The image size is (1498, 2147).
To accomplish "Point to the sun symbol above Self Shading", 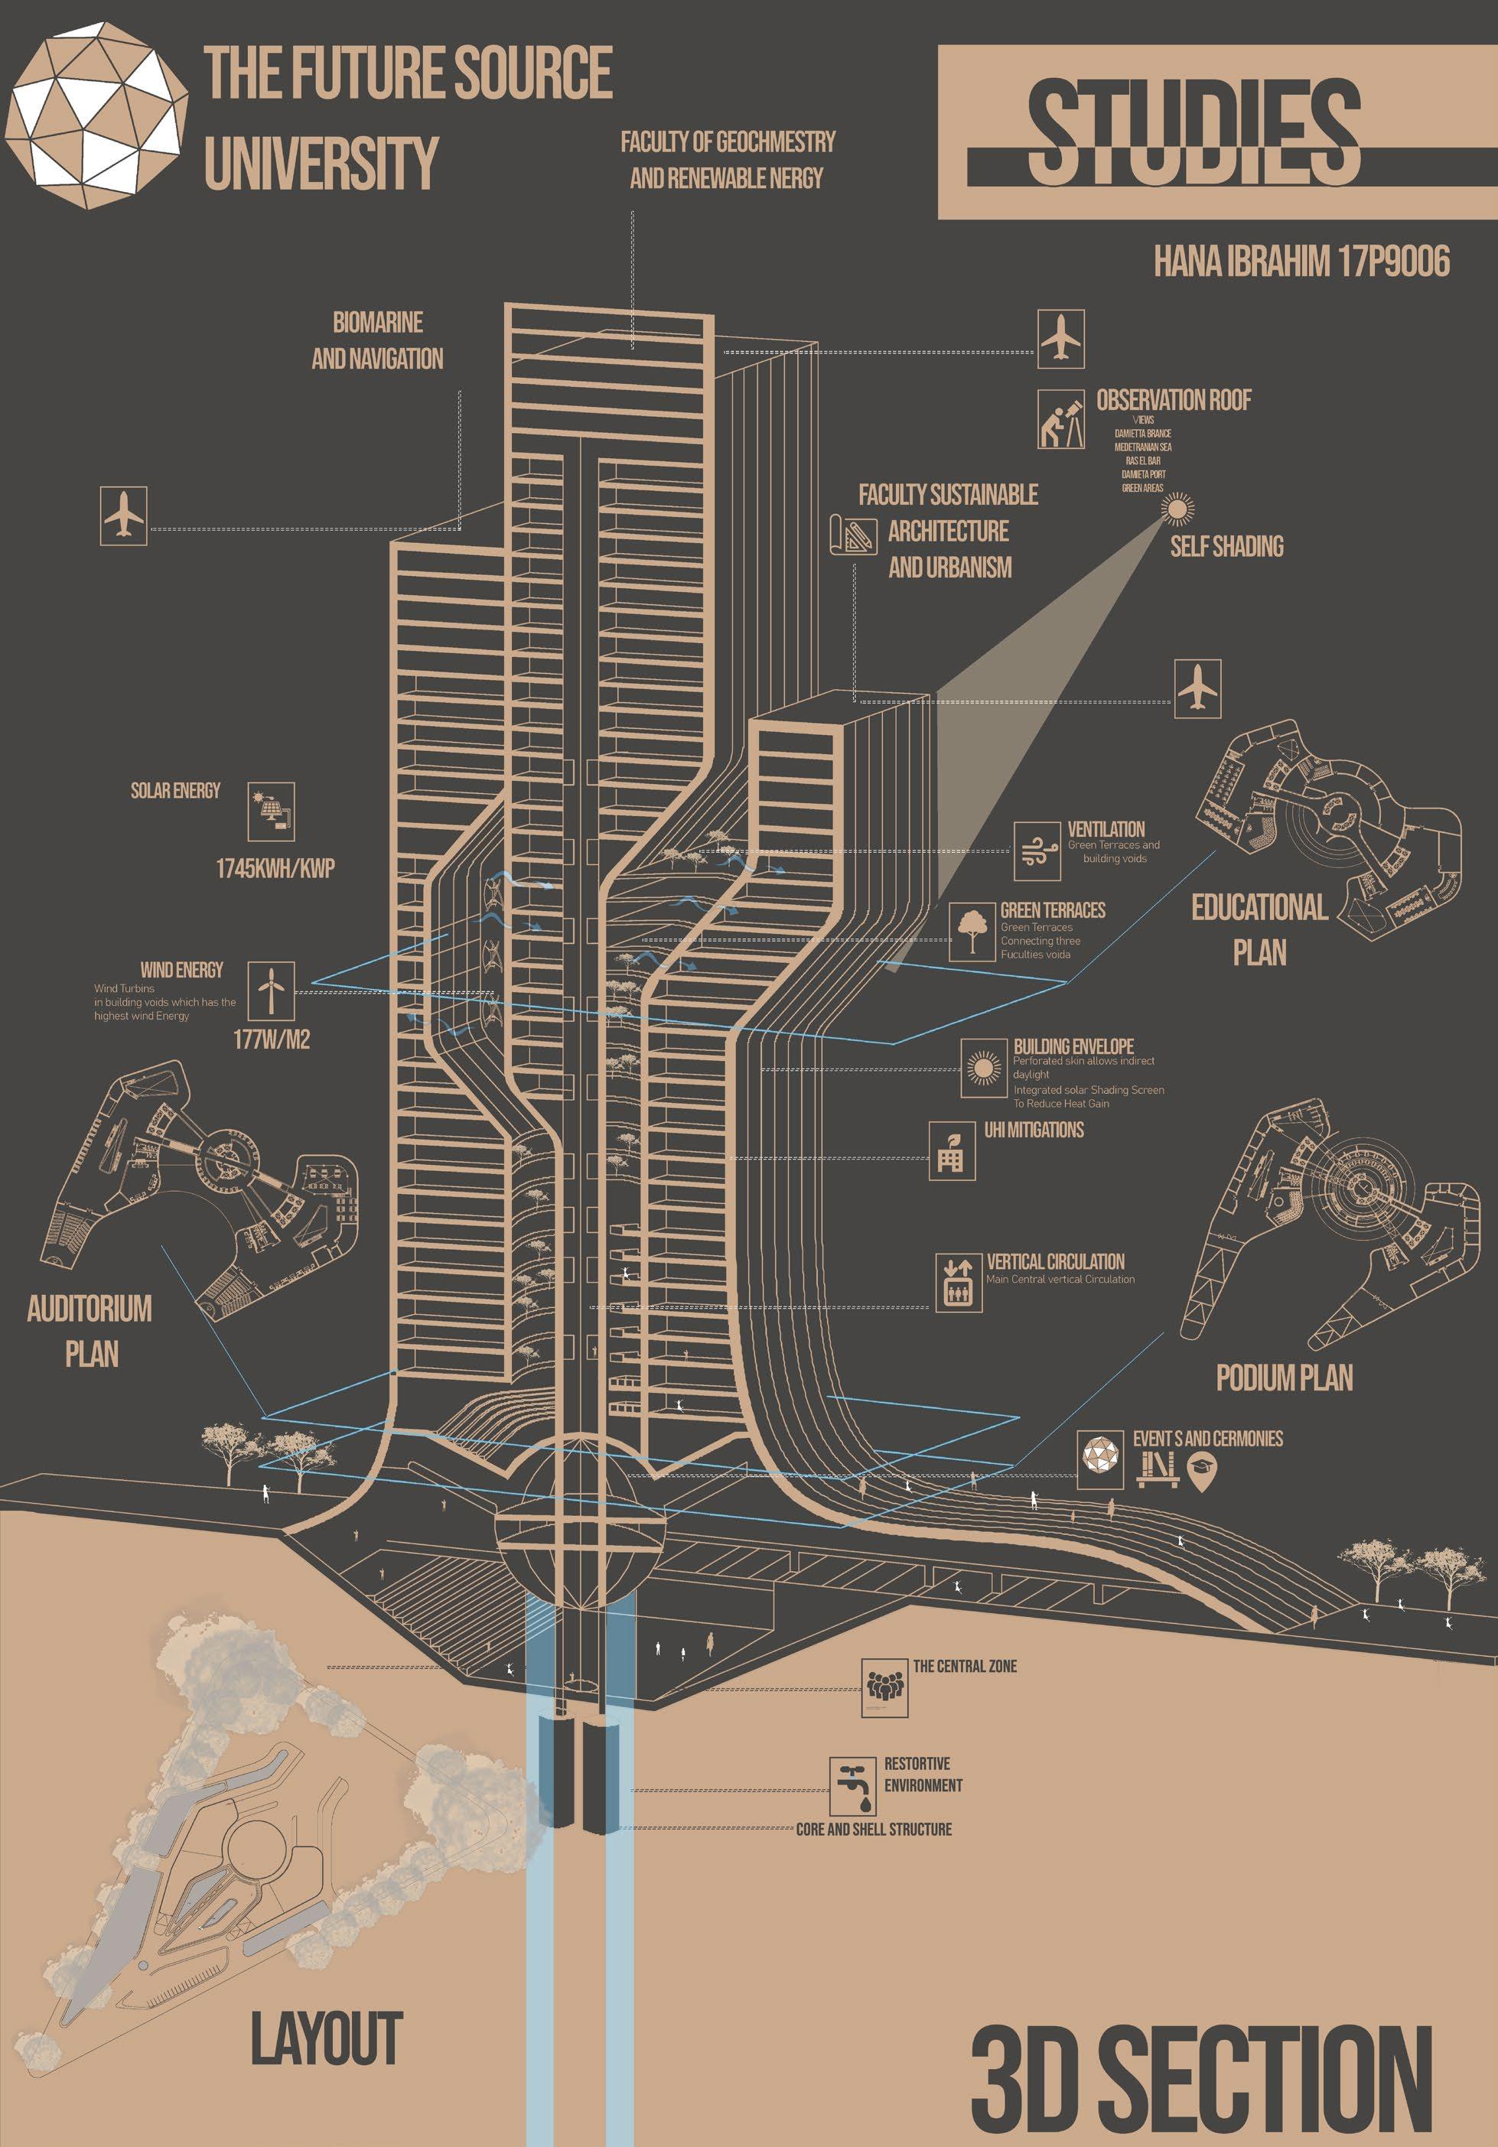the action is click(x=1177, y=509).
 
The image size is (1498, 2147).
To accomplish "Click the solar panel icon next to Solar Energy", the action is click(x=271, y=812).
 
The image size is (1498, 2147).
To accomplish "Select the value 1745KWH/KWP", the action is click(x=275, y=869).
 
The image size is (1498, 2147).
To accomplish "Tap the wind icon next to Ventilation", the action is click(x=1037, y=851).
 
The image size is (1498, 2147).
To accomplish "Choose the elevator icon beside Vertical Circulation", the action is click(x=959, y=1281).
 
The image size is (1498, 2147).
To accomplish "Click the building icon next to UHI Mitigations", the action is click(x=952, y=1151).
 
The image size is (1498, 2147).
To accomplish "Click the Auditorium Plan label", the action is click(x=90, y=1331).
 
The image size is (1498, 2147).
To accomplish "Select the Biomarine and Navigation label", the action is click(x=378, y=340).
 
